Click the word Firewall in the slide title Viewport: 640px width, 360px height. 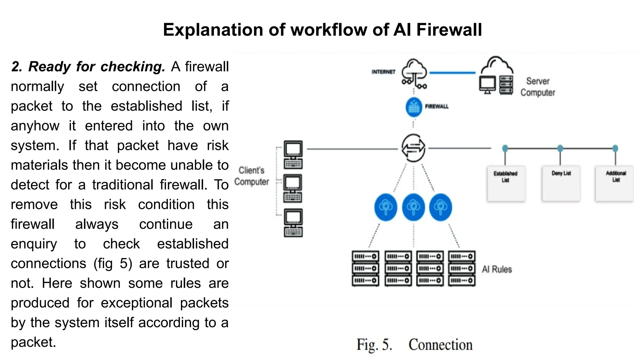click(x=449, y=30)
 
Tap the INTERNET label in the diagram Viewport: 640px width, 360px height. click(x=383, y=72)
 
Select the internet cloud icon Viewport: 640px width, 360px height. click(x=414, y=73)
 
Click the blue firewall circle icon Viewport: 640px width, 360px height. click(x=414, y=107)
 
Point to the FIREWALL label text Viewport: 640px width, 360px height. click(x=437, y=107)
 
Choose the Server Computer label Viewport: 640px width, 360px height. click(x=537, y=87)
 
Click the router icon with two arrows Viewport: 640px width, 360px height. click(x=413, y=148)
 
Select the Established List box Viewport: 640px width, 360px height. click(x=506, y=183)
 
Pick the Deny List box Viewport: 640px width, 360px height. click(x=561, y=183)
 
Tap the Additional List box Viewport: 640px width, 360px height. click(x=615, y=183)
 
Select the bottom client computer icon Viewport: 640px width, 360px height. click(x=293, y=223)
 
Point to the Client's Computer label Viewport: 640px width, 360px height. click(x=252, y=176)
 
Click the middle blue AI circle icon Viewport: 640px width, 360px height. click(x=413, y=207)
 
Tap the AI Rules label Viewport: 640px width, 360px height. click(x=497, y=269)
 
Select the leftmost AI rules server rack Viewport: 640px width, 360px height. click(x=365, y=268)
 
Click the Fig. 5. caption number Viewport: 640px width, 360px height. click(x=374, y=345)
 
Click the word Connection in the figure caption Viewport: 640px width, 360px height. click(x=440, y=345)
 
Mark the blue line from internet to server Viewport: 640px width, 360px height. click(x=452, y=73)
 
